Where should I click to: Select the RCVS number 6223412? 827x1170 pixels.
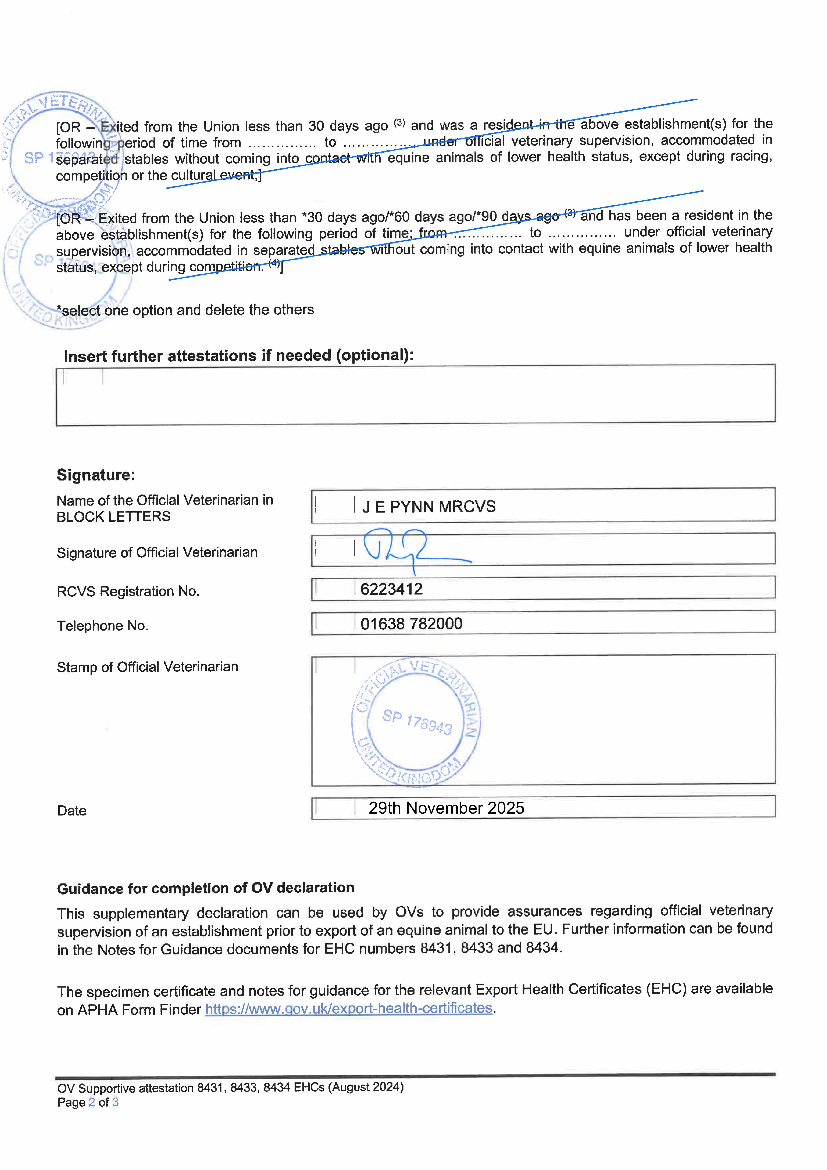tap(391, 589)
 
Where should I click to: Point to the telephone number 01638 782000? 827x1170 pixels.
tap(411, 624)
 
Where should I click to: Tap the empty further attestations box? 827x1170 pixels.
tap(415, 395)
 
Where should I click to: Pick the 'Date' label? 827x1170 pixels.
tap(71, 811)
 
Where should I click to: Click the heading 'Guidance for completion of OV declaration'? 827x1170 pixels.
tap(205, 888)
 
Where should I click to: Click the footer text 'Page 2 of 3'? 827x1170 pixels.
tap(88, 1102)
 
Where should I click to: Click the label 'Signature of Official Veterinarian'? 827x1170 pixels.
tap(157, 552)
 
